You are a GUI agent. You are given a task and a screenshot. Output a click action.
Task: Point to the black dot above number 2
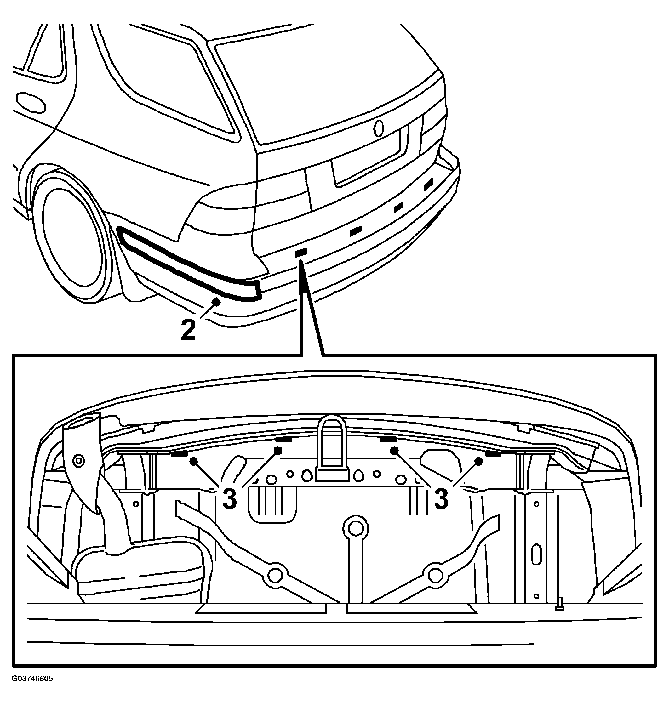coord(216,301)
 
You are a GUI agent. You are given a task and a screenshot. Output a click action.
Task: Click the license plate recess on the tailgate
coord(367,157)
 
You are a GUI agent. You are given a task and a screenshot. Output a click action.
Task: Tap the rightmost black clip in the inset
coord(493,454)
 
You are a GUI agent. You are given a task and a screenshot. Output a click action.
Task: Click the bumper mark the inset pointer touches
coord(300,253)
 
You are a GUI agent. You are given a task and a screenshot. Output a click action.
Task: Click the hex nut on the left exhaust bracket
coord(78,460)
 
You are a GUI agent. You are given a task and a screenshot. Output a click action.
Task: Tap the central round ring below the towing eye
coord(355,529)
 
